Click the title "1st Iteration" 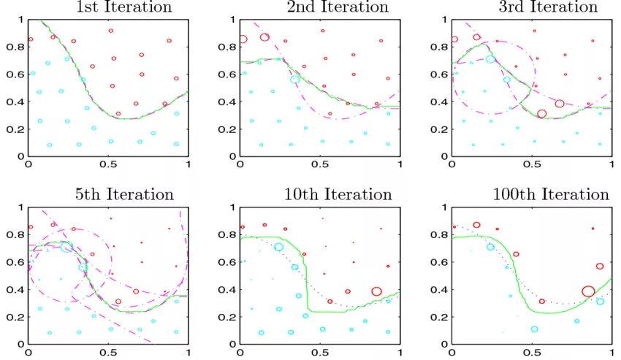[124, 7]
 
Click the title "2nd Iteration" [337, 7]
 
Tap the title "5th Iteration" [124, 194]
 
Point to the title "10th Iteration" [338, 194]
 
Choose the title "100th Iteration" [549, 194]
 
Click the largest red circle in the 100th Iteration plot [589, 291]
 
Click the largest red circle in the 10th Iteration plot [377, 291]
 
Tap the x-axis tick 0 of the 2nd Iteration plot [240, 166]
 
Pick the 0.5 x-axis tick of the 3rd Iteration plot [532, 166]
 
